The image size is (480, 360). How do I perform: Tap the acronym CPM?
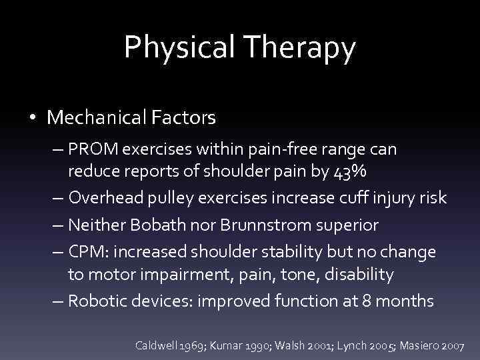pos(89,253)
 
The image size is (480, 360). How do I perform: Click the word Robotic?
pos(97,301)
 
